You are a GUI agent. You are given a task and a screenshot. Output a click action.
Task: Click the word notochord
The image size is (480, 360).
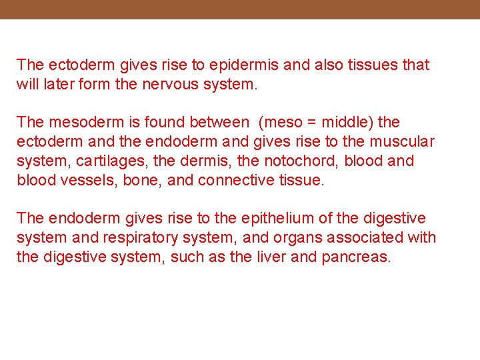[x=301, y=161]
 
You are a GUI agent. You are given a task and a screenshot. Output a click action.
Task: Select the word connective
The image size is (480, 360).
[x=237, y=180]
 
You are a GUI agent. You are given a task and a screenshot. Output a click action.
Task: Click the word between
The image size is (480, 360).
[x=219, y=123]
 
